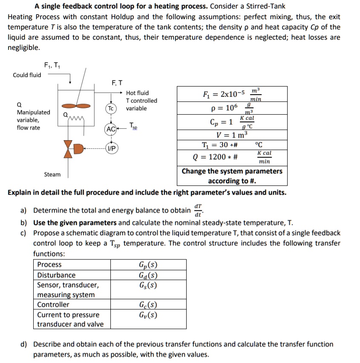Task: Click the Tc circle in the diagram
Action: coord(111,109)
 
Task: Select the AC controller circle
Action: coord(110,129)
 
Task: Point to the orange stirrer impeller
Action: coord(70,106)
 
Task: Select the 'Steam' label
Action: coord(52,174)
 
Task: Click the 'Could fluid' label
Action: coord(27,75)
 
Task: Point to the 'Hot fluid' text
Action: coord(137,93)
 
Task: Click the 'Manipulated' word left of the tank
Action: coord(33,112)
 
